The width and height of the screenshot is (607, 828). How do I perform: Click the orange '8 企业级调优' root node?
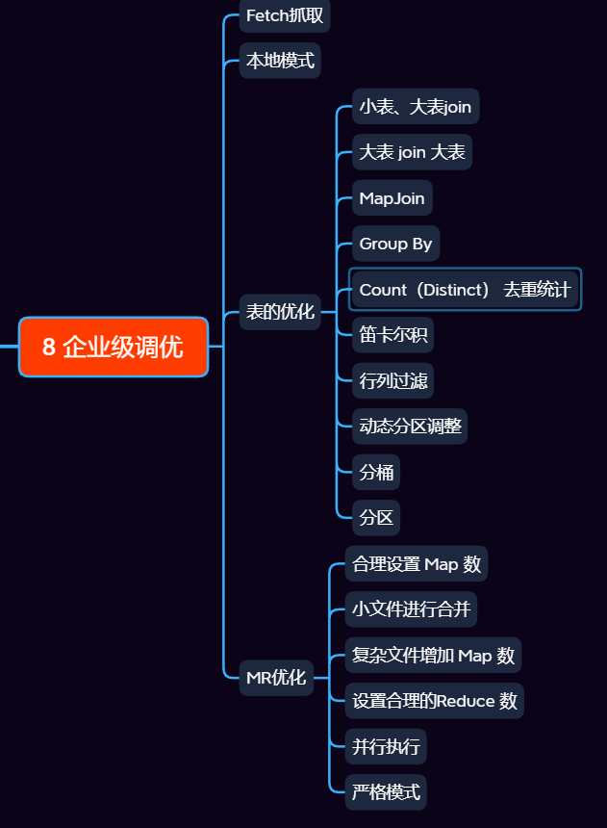pyautogui.click(x=114, y=347)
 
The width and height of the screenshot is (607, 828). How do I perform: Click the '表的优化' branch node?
pyautogui.click(x=280, y=312)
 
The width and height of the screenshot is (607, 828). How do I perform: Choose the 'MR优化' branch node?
pyautogui.click(x=276, y=678)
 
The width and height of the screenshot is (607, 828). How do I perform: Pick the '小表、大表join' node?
pyautogui.click(x=415, y=107)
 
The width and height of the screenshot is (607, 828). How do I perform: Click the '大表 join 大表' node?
pyautogui.click(x=412, y=152)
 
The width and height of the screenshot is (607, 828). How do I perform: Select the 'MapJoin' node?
pyautogui.click(x=392, y=198)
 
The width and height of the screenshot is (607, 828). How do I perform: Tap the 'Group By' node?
pyautogui.click(x=395, y=244)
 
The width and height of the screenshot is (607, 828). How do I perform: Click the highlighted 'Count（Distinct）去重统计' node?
pyautogui.click(x=465, y=290)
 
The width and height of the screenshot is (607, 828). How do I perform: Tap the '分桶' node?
pyautogui.click(x=376, y=472)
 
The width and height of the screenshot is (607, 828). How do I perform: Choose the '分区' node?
pyautogui.click(x=376, y=517)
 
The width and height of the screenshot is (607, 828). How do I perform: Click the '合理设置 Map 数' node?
pyautogui.click(x=417, y=564)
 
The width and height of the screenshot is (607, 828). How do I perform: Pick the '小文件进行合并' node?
pyautogui.click(x=412, y=609)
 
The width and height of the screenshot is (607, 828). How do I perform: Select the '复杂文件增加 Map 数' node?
pyautogui.click(x=433, y=656)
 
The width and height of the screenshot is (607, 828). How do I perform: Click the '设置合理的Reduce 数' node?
pyautogui.click(x=435, y=701)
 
